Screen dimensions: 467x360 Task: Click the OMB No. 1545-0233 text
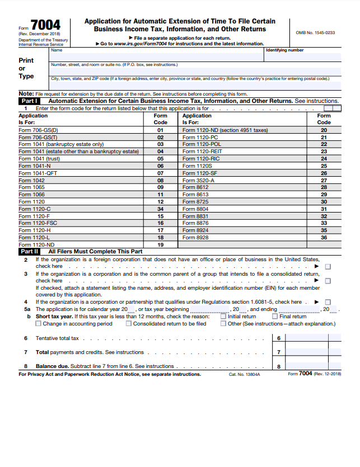click(x=315, y=32)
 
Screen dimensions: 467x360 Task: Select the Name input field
click(x=157, y=56)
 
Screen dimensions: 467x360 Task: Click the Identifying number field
click(x=302, y=56)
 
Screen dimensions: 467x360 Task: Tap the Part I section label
click(x=29, y=101)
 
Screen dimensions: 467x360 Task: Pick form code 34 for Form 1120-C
click(x=160, y=209)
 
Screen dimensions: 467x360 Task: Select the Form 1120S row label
click(x=195, y=166)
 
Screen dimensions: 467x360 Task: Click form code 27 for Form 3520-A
click(x=324, y=180)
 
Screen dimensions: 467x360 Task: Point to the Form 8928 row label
click(x=195, y=238)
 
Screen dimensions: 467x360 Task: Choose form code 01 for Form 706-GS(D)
click(x=160, y=130)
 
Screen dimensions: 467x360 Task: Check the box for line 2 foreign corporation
click(x=328, y=267)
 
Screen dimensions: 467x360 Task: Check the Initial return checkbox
click(x=223, y=317)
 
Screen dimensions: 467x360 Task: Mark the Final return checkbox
click(x=275, y=317)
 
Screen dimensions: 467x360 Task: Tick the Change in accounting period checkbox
click(x=39, y=324)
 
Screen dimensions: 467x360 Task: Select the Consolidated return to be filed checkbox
click(x=129, y=324)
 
